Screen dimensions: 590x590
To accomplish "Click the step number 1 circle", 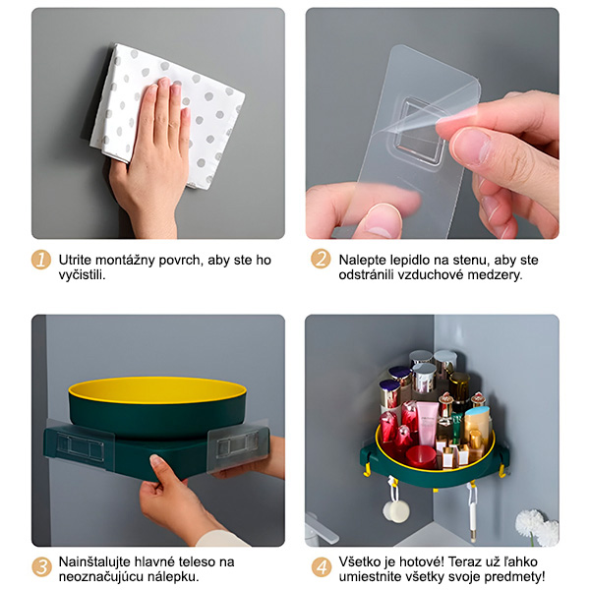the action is pos(41,260).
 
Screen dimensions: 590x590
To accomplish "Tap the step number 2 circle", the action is pos(321,259).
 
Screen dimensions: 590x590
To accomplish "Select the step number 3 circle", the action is pos(41,567).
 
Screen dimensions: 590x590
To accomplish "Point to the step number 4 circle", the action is pos(322,567).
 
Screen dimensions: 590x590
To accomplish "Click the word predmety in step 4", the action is pos(514,577).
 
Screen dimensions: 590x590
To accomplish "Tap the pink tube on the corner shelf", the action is pos(427,423).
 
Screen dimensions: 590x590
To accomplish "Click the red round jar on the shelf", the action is pos(422,455).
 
